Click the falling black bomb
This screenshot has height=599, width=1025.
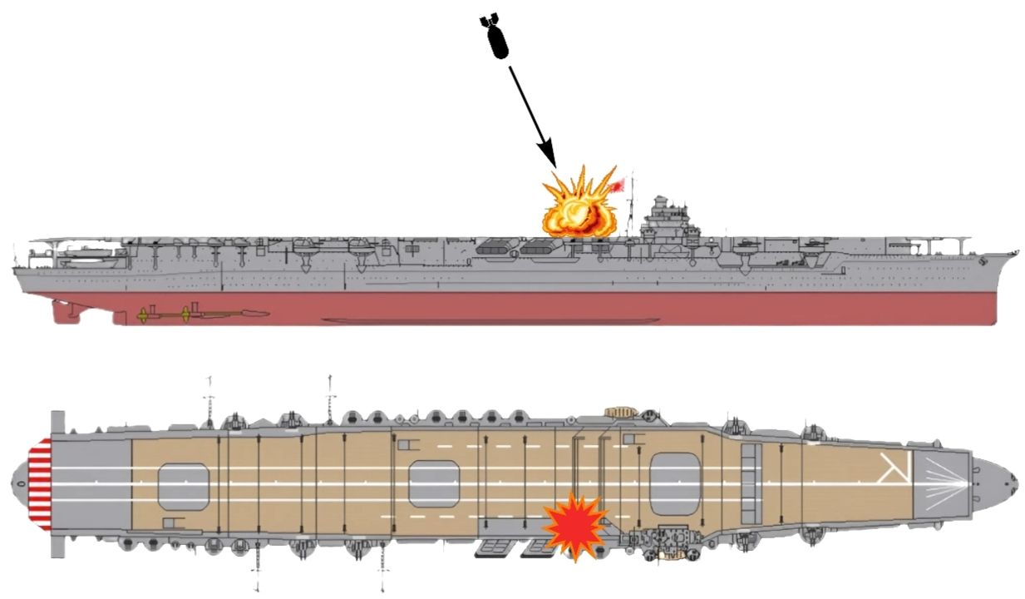pos(497,37)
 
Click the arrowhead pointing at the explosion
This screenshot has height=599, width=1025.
pos(546,154)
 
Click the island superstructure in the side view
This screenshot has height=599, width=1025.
pos(664,220)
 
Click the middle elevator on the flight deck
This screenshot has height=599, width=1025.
pos(434,483)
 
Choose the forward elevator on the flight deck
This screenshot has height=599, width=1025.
pos(676,480)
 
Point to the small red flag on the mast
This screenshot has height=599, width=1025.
pos(618,186)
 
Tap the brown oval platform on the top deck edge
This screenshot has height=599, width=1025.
pos(618,411)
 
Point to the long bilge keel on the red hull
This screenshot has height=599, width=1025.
pos(490,320)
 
